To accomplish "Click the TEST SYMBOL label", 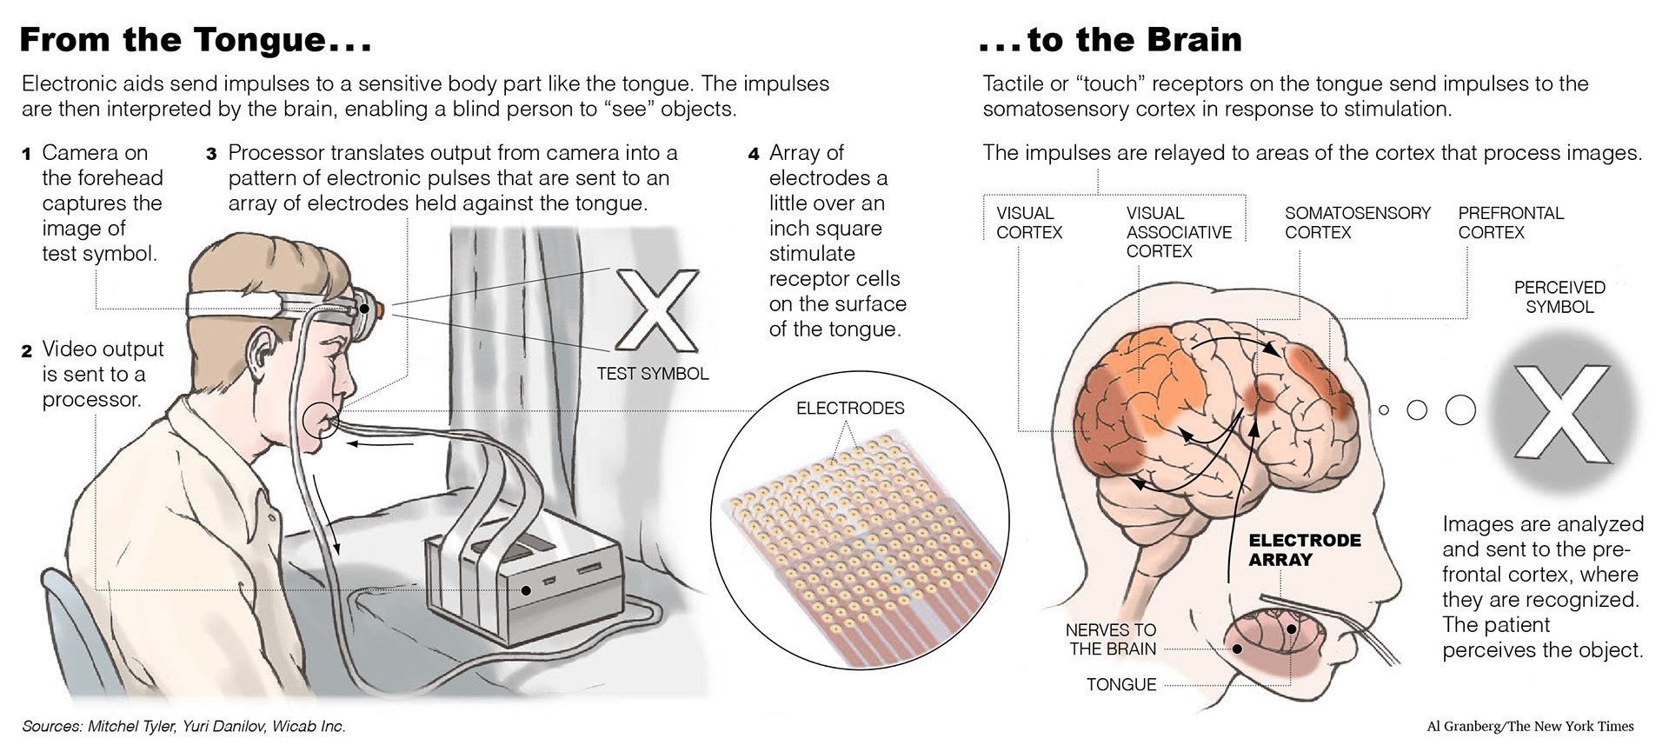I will point(652,374).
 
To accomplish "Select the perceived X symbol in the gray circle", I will point(1561,412).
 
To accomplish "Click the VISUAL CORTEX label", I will point(1029,223).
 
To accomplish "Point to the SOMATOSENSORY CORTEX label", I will point(1357,223).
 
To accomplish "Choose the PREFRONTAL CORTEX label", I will point(1510,223).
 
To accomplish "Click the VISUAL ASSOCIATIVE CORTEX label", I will point(1178,232).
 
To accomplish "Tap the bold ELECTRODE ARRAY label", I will point(1304,549).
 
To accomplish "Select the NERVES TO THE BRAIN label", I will point(1111,639).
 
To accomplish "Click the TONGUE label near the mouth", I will point(1120,685).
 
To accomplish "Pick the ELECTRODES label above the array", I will point(849,408).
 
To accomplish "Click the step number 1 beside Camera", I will point(27,155).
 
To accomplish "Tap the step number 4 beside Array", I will point(754,155).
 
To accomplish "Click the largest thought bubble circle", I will point(1460,409).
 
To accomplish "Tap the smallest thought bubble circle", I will point(1384,409).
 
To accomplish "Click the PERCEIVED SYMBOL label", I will point(1559,296).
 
